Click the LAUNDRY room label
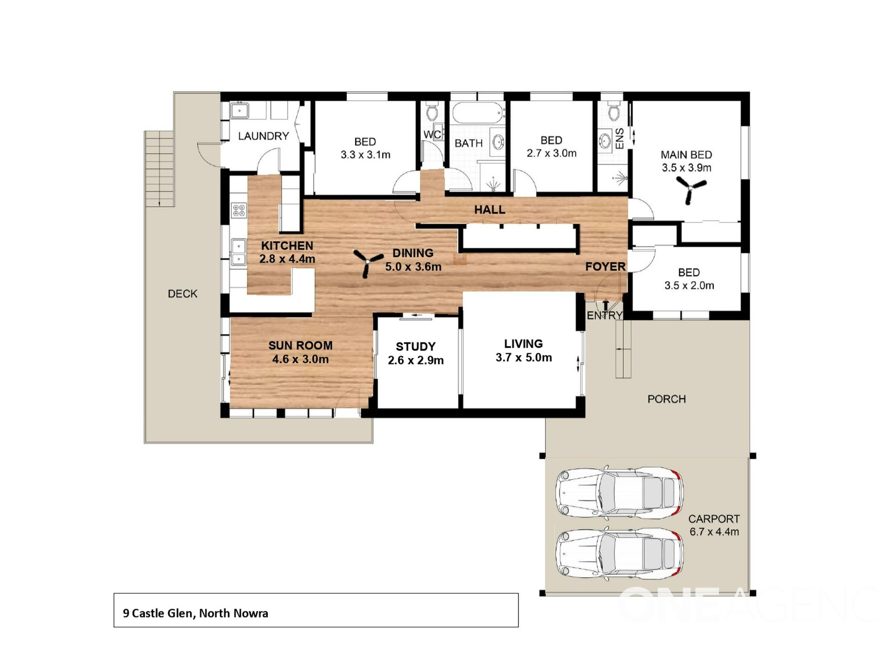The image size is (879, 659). (x=263, y=136)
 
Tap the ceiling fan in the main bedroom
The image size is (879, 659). (x=690, y=189)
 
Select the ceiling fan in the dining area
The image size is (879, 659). (x=368, y=262)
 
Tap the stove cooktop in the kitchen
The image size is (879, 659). (x=239, y=210)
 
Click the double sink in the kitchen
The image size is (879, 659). (x=238, y=252)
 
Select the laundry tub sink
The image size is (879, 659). (x=240, y=111)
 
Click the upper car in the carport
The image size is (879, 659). (x=619, y=492)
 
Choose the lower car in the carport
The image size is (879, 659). (x=619, y=553)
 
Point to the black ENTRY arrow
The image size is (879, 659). (x=606, y=306)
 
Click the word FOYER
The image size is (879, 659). (x=605, y=266)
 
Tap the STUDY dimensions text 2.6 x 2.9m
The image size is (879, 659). (x=415, y=360)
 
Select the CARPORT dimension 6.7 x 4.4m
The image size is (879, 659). (x=714, y=532)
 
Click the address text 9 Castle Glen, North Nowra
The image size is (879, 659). (x=195, y=613)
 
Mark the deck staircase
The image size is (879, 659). (x=159, y=168)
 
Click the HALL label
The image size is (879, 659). (x=489, y=210)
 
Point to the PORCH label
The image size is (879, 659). (x=666, y=399)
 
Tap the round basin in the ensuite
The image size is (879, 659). (x=605, y=140)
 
